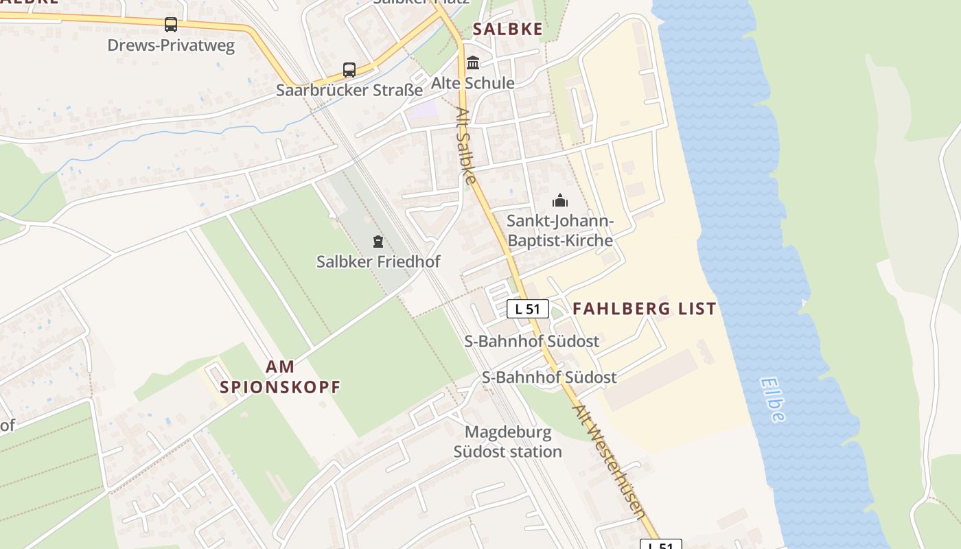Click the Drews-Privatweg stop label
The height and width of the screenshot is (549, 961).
pyautogui.click(x=171, y=46)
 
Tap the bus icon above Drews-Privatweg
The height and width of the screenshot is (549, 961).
pyautogui.click(x=171, y=25)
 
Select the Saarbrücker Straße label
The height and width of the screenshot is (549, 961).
pyautogui.click(x=349, y=90)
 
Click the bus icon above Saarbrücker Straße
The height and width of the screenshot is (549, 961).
pyautogui.click(x=349, y=69)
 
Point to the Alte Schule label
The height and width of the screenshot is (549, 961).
pyautogui.click(x=472, y=83)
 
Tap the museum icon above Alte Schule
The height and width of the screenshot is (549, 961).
pyautogui.click(x=473, y=63)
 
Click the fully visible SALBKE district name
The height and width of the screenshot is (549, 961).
pyautogui.click(x=508, y=29)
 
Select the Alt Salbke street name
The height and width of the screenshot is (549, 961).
pyautogui.click(x=465, y=145)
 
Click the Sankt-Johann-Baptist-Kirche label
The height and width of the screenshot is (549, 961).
pyautogui.click(x=559, y=231)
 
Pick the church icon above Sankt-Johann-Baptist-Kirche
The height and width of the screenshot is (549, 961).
pyautogui.click(x=560, y=200)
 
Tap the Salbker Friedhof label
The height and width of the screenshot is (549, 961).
pyautogui.click(x=378, y=261)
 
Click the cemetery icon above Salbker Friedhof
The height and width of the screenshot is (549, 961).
pyautogui.click(x=378, y=241)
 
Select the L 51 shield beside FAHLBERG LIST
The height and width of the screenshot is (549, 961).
pyautogui.click(x=528, y=309)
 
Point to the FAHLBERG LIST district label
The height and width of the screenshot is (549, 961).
pyautogui.click(x=645, y=309)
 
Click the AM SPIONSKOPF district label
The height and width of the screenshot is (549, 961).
pyautogui.click(x=280, y=376)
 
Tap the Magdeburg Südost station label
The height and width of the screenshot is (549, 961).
pyautogui.click(x=508, y=442)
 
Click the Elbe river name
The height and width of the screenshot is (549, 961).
pyautogui.click(x=773, y=399)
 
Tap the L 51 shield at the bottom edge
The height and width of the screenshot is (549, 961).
pyautogui.click(x=661, y=544)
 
